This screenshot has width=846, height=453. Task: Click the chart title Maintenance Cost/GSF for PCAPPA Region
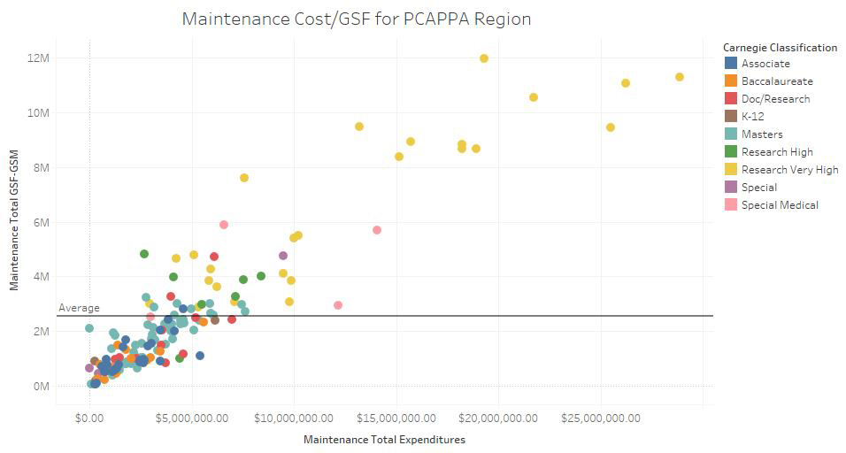(x=357, y=19)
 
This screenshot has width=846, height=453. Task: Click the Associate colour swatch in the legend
(x=731, y=63)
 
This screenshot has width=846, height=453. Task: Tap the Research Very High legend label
(x=789, y=169)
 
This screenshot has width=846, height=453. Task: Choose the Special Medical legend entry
(x=779, y=204)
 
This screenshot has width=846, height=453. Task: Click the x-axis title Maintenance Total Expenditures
(x=384, y=439)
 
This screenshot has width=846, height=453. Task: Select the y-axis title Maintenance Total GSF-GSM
(x=15, y=231)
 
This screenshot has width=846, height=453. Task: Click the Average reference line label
(x=79, y=308)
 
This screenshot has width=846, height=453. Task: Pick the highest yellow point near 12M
(x=484, y=58)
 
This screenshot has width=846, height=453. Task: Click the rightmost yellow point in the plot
(x=680, y=77)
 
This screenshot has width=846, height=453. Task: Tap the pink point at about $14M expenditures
(x=377, y=230)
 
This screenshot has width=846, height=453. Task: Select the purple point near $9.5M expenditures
(x=283, y=256)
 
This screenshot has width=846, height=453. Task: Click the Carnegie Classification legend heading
(x=780, y=47)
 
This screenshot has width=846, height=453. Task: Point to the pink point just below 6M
(x=224, y=225)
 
